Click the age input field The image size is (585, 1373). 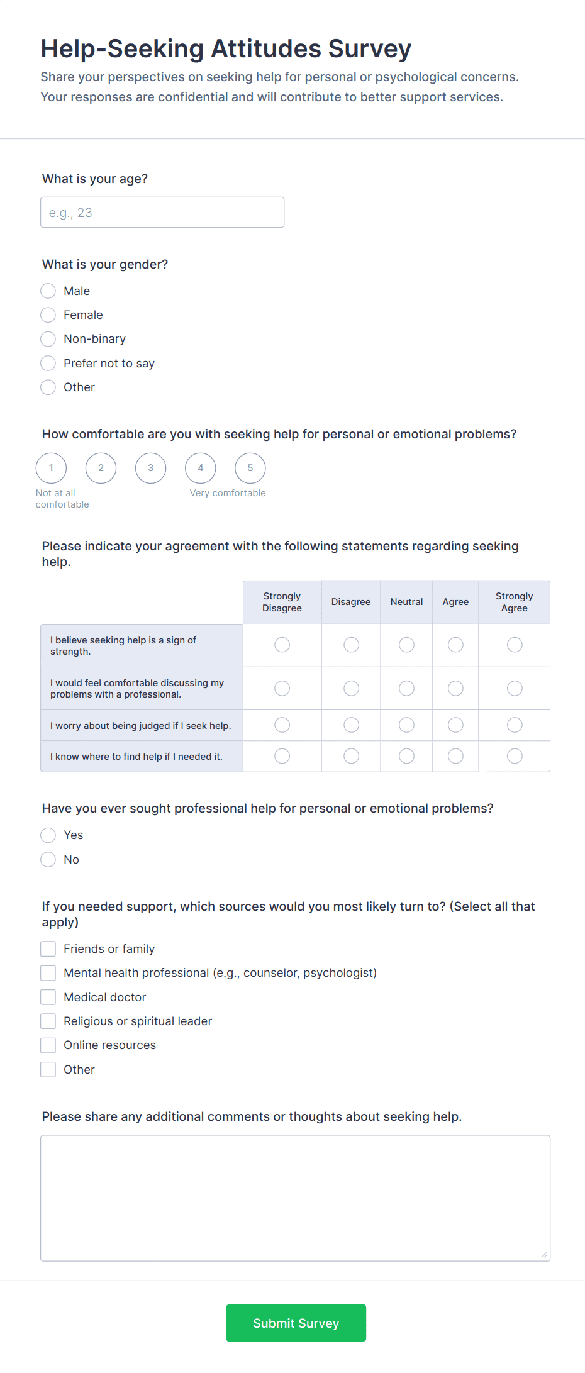(x=162, y=213)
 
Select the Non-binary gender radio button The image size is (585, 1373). (x=48, y=339)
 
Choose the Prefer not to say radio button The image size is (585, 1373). (x=48, y=364)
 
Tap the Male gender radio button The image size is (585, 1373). (x=48, y=291)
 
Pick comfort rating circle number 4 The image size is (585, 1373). (x=200, y=468)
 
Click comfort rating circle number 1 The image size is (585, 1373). (x=51, y=468)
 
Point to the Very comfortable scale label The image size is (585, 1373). (x=228, y=493)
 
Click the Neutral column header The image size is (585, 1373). (x=406, y=602)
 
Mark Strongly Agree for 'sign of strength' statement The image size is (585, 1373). (x=515, y=645)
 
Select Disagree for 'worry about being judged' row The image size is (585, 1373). (x=351, y=725)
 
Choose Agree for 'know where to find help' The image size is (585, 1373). (x=455, y=756)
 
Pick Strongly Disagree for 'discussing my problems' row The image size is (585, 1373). (x=282, y=689)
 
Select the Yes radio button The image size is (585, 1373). (x=48, y=835)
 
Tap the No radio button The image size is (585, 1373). (x=48, y=860)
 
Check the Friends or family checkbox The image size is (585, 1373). (x=48, y=949)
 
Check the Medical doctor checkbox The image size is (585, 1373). (x=48, y=998)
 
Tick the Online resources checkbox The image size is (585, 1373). (x=48, y=1045)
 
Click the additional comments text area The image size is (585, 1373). (x=295, y=1198)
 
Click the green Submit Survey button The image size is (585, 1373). (x=296, y=1323)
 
